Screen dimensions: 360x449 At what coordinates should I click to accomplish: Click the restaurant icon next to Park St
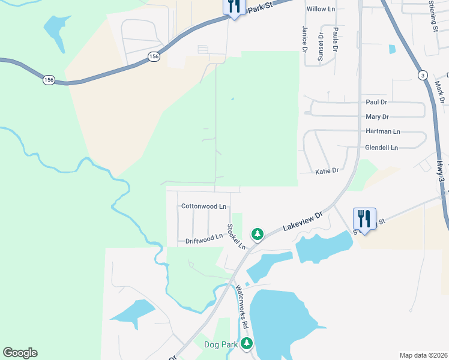(x=233, y=7)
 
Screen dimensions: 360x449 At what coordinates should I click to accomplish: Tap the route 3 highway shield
(x=423, y=75)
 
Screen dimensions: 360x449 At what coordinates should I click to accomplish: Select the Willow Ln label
(x=321, y=9)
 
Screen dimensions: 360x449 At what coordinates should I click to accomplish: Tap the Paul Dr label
(x=376, y=103)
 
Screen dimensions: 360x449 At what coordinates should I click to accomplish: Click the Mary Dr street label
(x=377, y=117)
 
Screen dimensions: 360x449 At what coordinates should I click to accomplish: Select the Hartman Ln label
(x=382, y=131)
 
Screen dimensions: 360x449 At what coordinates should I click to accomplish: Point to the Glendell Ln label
(x=381, y=148)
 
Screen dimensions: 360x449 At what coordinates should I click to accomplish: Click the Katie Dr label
(x=327, y=171)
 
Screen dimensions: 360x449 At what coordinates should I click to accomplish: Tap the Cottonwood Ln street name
(x=203, y=206)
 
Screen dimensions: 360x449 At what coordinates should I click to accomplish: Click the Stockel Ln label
(x=236, y=237)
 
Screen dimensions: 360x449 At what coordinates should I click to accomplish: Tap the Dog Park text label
(x=221, y=344)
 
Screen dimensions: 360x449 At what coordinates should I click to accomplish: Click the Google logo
(x=20, y=353)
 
